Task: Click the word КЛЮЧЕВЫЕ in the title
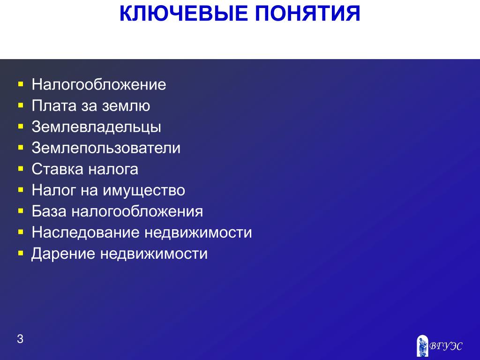[x=183, y=14]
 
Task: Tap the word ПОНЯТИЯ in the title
[x=307, y=14]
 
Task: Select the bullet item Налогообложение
[x=99, y=84]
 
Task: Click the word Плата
[x=54, y=106]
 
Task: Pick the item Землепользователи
[x=106, y=148]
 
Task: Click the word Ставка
[x=57, y=169]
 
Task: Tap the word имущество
[x=144, y=191]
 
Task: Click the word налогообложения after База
[x=137, y=211]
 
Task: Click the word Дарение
[x=63, y=254]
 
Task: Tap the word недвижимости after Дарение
[x=154, y=254]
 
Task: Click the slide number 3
[x=20, y=339]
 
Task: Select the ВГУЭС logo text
[x=445, y=346]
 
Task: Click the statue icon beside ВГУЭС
[x=423, y=345]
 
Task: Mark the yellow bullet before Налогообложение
[x=21, y=84]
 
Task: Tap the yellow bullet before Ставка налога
[x=21, y=169]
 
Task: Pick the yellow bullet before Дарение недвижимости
[x=21, y=253]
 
